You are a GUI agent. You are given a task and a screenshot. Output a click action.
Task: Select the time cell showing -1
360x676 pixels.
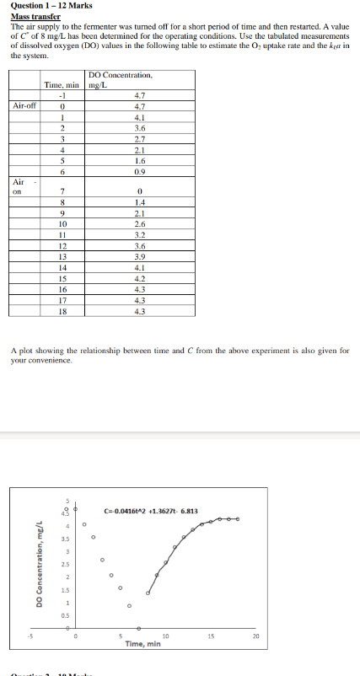tap(62, 95)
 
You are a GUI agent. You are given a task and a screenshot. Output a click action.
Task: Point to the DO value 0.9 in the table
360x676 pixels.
tap(140, 171)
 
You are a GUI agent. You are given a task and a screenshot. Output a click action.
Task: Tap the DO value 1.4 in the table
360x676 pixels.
tap(140, 203)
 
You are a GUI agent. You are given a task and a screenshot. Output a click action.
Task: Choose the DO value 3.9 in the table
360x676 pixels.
tap(140, 256)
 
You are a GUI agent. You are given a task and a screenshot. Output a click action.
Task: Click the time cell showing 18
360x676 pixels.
tap(62, 310)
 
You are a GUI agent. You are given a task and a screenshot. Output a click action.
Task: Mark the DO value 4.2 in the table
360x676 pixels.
tap(140, 278)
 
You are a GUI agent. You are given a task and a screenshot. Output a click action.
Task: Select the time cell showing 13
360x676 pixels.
tap(62, 256)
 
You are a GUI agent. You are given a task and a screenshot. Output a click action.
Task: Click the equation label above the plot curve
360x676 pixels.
tap(150, 511)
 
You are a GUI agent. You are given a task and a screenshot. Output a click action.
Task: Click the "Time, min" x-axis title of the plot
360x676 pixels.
tap(142, 644)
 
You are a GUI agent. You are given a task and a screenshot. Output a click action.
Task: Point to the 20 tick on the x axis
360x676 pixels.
tap(256, 636)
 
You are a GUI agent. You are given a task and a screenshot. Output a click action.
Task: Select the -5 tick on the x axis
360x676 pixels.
tap(29, 636)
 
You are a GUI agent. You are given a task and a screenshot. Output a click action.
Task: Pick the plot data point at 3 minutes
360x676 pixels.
tap(103, 559)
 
